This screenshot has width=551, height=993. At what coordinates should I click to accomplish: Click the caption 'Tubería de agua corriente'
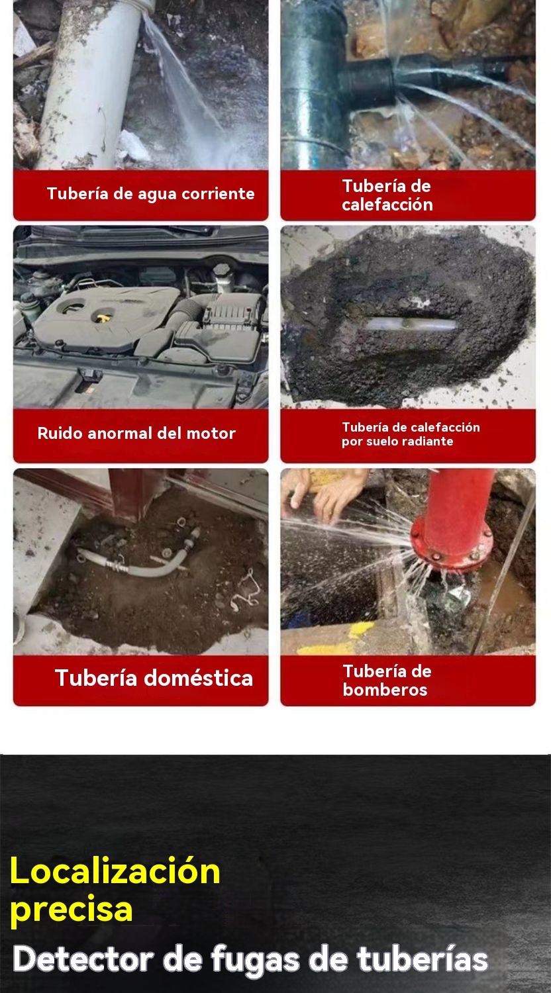[x=151, y=194]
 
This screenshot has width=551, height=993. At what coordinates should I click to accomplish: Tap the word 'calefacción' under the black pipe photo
[x=387, y=205]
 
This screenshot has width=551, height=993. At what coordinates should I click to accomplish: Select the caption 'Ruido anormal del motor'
[x=136, y=433]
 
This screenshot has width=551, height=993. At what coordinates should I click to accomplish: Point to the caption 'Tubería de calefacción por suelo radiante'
[x=411, y=434]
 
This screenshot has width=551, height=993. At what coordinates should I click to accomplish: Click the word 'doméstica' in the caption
[x=198, y=679]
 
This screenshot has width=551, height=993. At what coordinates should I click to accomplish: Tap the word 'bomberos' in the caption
[x=385, y=690]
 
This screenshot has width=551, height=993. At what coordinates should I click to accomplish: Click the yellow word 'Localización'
[x=115, y=871]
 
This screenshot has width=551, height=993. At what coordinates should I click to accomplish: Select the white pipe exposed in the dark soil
[x=411, y=324]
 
